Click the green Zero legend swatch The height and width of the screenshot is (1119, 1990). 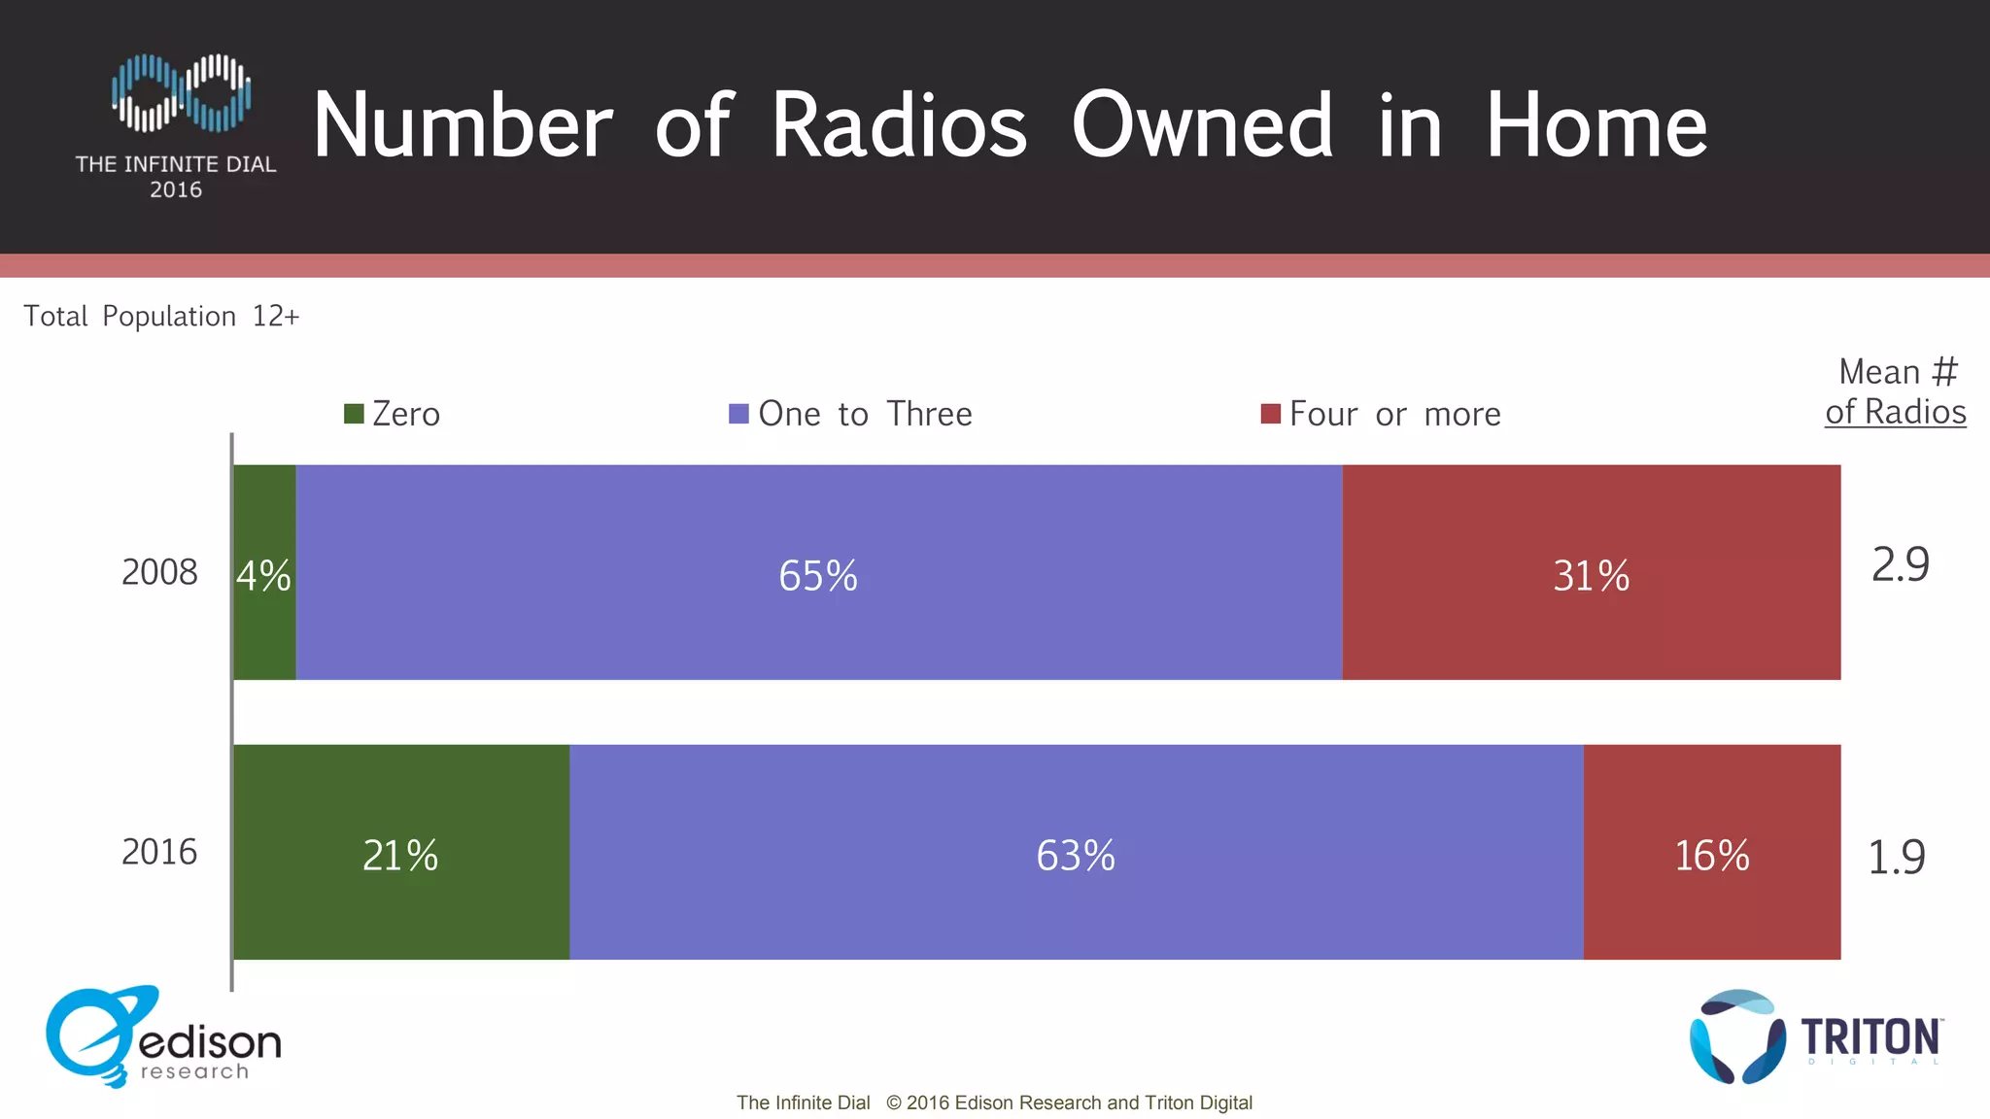click(x=354, y=414)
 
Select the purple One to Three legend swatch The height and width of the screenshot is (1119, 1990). click(x=738, y=414)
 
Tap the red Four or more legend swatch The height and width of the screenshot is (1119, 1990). click(x=1270, y=414)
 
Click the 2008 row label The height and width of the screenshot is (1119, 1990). click(x=159, y=572)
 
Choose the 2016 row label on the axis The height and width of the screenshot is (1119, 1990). click(x=159, y=852)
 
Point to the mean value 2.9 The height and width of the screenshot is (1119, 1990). click(x=1901, y=564)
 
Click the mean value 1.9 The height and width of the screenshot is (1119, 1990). click(x=1897, y=857)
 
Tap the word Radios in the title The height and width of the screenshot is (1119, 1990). click(x=899, y=126)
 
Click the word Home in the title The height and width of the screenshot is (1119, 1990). click(x=1595, y=126)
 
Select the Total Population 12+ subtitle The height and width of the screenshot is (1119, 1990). click(x=161, y=317)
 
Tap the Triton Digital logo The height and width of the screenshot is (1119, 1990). click(x=1815, y=1037)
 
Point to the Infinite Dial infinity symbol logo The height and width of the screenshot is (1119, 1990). click(x=182, y=93)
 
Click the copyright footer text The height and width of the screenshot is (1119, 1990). click(x=994, y=1102)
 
